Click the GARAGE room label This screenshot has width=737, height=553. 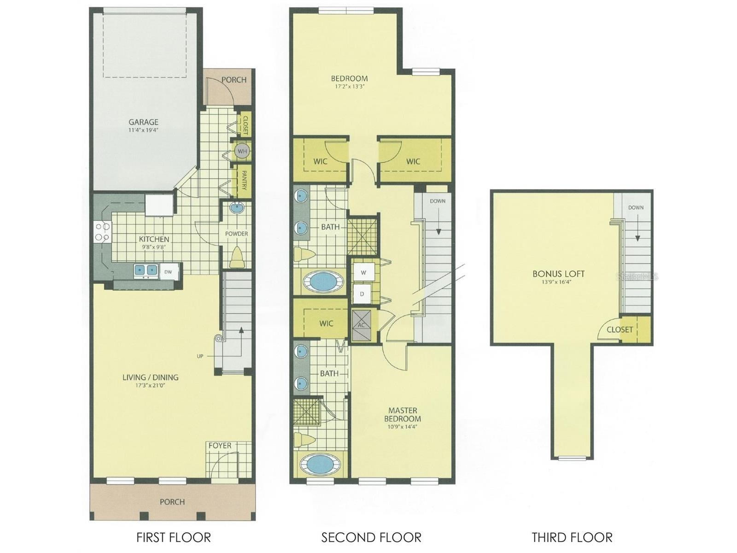pos(143,122)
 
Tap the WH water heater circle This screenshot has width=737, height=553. pos(242,151)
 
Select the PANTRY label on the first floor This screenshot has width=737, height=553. pos(245,181)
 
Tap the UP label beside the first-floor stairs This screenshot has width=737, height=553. pos(200,356)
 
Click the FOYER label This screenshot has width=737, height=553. pos(220,446)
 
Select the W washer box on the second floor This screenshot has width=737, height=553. pos(363,273)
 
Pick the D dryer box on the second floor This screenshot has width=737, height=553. pos(362,294)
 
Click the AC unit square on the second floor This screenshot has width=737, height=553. pos(361,325)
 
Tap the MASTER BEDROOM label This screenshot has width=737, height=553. pos(403,415)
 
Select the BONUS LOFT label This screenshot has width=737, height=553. pos(559,274)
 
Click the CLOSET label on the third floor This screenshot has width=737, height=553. pos(620,329)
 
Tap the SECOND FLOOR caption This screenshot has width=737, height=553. pos(371,537)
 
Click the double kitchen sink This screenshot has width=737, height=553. pos(146,270)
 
